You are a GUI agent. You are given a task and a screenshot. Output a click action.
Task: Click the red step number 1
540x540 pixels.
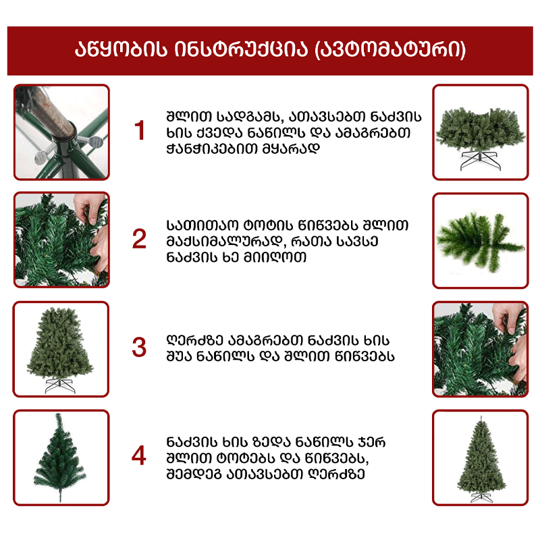(x=140, y=130)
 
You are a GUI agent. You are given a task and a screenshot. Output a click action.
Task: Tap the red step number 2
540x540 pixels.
(x=139, y=239)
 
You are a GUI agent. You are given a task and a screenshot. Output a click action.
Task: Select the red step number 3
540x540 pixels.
(x=139, y=347)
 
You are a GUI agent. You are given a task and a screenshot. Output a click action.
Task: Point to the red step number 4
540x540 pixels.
(x=139, y=455)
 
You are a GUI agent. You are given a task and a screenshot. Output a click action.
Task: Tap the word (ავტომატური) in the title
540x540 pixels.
(x=390, y=50)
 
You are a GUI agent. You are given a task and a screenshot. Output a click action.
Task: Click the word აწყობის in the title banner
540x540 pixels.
(x=121, y=50)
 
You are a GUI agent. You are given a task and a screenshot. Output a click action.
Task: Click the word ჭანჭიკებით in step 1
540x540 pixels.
(x=212, y=148)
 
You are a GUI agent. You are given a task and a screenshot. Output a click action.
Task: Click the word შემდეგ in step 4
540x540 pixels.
(x=194, y=475)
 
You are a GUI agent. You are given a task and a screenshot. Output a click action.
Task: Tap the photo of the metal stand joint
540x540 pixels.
(x=61, y=132)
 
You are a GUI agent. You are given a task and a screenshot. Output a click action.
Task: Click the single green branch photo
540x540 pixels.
(x=481, y=240)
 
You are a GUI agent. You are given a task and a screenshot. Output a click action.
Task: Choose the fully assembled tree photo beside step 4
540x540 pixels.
(x=481, y=458)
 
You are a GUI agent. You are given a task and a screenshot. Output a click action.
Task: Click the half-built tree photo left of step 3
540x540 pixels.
(x=61, y=349)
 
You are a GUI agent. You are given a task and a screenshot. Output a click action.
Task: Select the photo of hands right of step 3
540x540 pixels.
(x=481, y=349)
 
